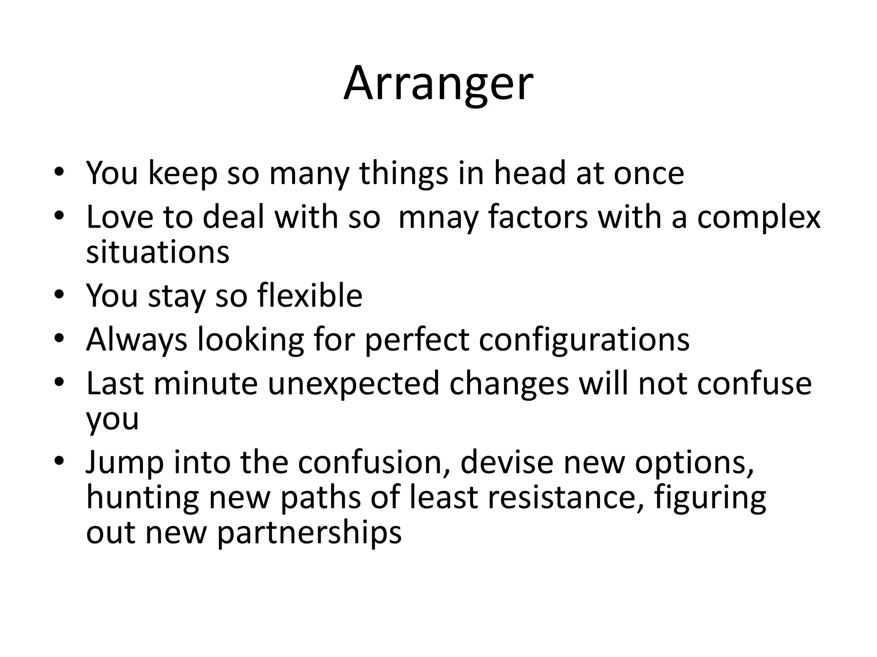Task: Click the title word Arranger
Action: [438, 83]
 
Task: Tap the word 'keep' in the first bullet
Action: [182, 173]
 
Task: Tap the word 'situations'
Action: [158, 252]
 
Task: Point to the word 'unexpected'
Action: [353, 384]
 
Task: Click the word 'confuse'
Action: [754, 384]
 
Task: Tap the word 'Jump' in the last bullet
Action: [125, 463]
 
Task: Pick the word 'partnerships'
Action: [309, 533]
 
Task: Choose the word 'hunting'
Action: [143, 498]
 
